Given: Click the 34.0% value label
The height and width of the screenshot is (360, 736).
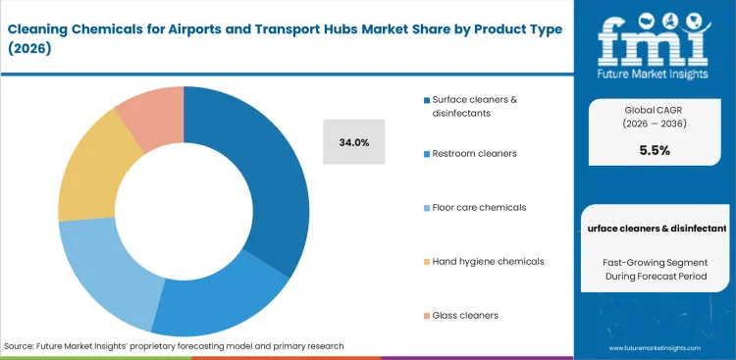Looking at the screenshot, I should [x=353, y=142].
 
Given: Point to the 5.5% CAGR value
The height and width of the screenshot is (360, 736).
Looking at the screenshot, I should [x=654, y=151].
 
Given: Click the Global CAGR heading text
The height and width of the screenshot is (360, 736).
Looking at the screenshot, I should [x=654, y=110].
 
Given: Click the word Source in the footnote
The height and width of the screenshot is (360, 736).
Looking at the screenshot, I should [x=21, y=346].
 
